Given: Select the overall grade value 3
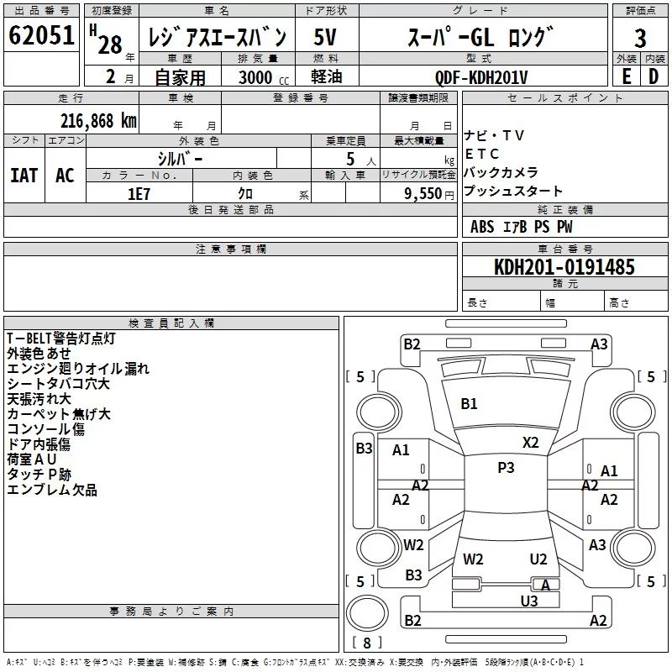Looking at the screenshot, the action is pos(640,38).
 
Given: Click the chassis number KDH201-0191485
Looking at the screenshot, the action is pos(564,267).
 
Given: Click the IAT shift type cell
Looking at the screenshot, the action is pos(24,176).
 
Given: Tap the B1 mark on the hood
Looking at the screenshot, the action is pos(469,404).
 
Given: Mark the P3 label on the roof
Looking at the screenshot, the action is pos(506,468).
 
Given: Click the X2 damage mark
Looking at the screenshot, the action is pos(531,443).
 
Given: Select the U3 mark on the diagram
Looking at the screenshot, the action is pos(528,601).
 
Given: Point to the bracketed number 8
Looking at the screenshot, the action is pos(366,643).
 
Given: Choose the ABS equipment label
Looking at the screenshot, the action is pos(482,227).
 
